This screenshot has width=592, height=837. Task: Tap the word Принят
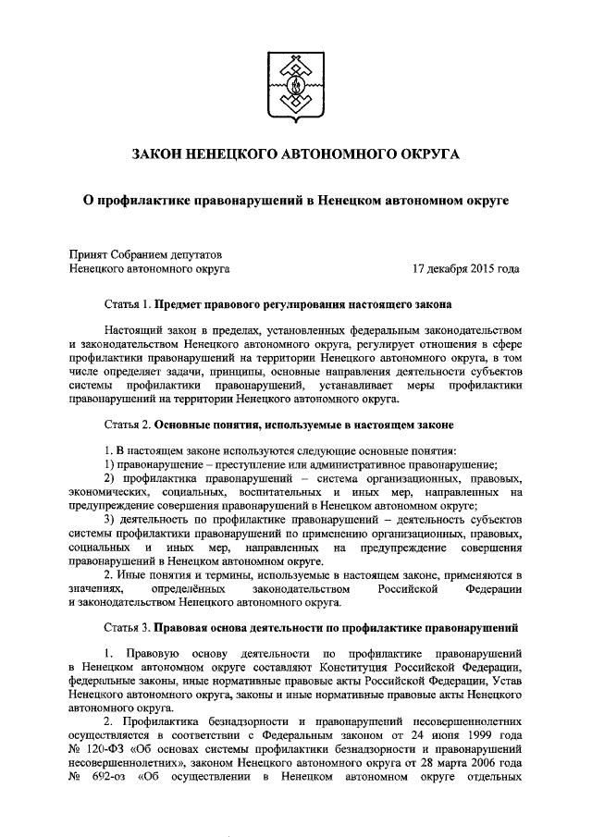pos(91,252)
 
